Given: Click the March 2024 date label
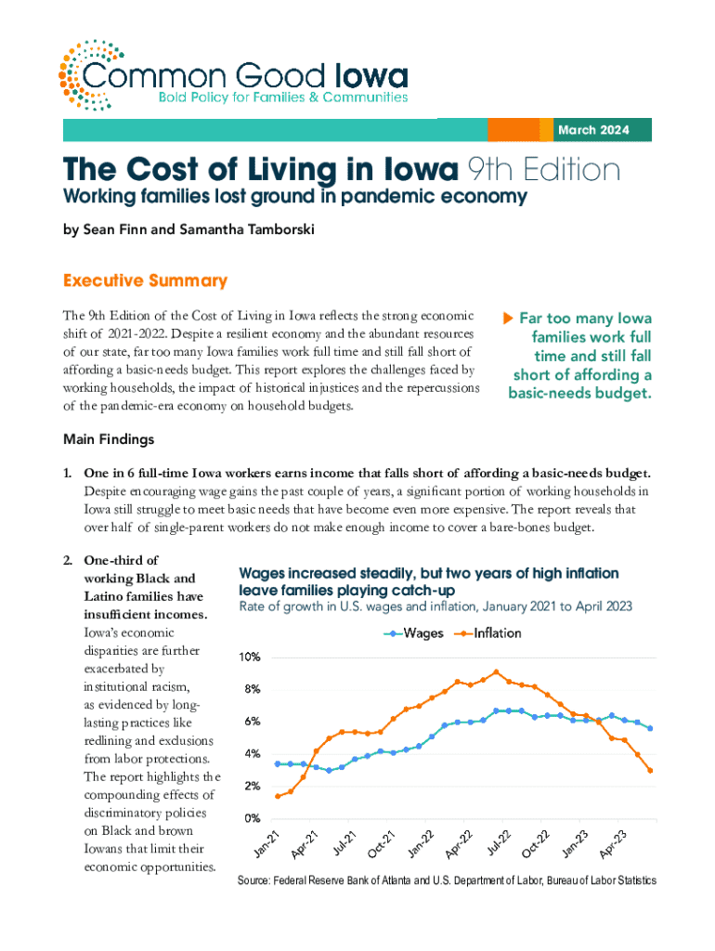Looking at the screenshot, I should (592, 130).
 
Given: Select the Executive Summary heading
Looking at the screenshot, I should (144, 280).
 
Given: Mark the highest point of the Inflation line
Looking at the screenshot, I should (497, 672).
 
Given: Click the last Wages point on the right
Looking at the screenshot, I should (650, 728).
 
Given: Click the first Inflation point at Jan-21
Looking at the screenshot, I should (279, 796).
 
